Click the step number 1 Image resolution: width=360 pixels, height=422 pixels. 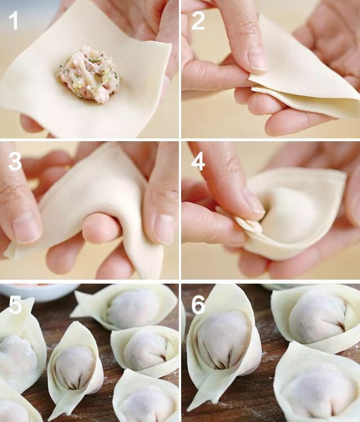(13, 20)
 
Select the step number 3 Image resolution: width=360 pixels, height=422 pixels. (15, 161)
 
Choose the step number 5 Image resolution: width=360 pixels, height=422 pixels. (15, 304)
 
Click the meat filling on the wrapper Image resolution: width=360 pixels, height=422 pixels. (88, 72)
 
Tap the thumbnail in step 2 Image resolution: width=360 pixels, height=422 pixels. (257, 59)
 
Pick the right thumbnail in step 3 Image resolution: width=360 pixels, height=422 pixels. (164, 229)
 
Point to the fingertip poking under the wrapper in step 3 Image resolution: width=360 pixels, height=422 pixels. (101, 227)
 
